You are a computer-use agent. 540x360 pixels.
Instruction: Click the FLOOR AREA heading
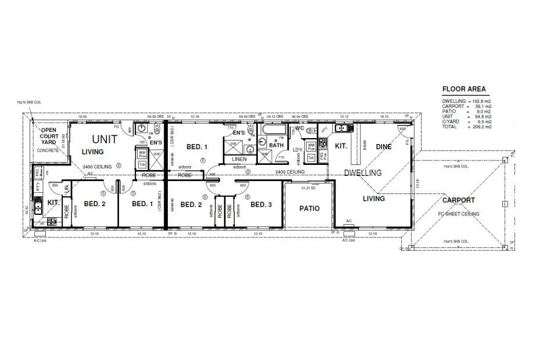coord(464,89)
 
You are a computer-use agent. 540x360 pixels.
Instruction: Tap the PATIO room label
coord(309,208)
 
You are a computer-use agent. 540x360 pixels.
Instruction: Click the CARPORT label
coord(458,200)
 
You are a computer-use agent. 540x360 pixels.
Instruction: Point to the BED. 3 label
coord(261,204)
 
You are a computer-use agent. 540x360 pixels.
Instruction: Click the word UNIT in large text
coord(105,139)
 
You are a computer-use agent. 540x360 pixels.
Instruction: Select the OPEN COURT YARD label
coord(49,136)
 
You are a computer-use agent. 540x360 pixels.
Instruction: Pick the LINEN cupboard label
coord(239,159)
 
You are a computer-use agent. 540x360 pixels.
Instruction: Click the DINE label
coord(383,147)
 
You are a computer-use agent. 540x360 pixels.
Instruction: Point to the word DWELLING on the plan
coord(363,173)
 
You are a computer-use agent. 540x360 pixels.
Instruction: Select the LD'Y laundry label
coord(298,150)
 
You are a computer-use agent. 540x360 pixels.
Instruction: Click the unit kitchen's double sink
coord(38,204)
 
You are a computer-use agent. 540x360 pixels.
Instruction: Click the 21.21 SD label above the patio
coord(308,188)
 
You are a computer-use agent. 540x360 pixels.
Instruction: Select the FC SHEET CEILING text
coord(458,214)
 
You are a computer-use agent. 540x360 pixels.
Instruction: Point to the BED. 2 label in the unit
coord(95,204)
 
